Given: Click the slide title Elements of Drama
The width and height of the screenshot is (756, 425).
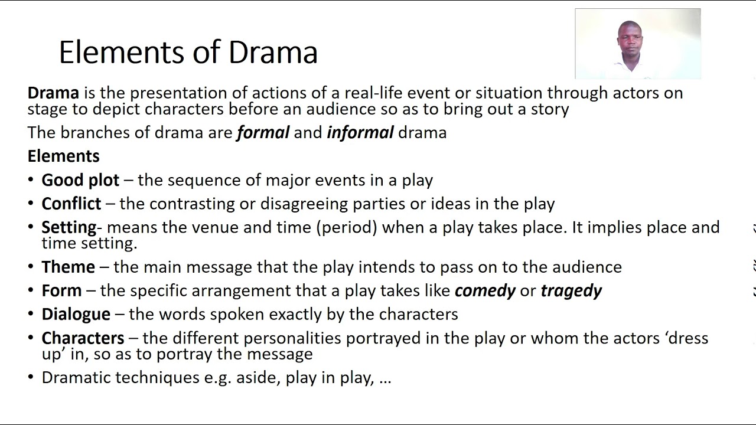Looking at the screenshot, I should tap(188, 52).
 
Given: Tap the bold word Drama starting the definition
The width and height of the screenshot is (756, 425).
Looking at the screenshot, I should tap(53, 93).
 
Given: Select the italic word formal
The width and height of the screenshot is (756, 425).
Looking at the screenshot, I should tap(263, 132).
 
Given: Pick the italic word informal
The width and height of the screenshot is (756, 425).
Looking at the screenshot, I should tap(360, 132).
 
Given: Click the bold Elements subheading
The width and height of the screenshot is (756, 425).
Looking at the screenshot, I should tap(63, 156).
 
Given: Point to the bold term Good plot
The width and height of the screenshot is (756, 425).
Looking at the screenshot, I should tap(80, 180).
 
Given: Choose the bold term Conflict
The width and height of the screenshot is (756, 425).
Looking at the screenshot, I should tap(71, 204).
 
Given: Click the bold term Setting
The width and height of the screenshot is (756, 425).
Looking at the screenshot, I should tap(69, 227).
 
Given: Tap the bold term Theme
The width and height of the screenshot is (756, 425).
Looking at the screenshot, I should tap(68, 267).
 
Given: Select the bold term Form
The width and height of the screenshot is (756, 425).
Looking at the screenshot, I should tap(61, 290).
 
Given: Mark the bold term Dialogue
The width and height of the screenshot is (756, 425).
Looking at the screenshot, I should tap(76, 314).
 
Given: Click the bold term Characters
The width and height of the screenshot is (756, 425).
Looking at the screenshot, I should tap(83, 338).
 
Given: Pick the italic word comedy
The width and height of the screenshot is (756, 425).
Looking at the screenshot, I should tap(485, 290).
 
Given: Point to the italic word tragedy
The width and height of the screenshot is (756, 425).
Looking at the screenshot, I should tap(571, 290).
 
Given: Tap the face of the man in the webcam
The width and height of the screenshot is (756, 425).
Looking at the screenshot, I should tap(630, 39).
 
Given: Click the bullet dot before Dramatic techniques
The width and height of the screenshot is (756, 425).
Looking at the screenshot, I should tap(31, 378).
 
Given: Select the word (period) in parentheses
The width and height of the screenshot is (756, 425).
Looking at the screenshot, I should tap(346, 227).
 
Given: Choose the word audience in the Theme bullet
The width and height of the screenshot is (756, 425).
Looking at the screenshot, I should tap(586, 267).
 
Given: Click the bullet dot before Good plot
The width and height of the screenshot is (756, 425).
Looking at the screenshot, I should tap(31, 180).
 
